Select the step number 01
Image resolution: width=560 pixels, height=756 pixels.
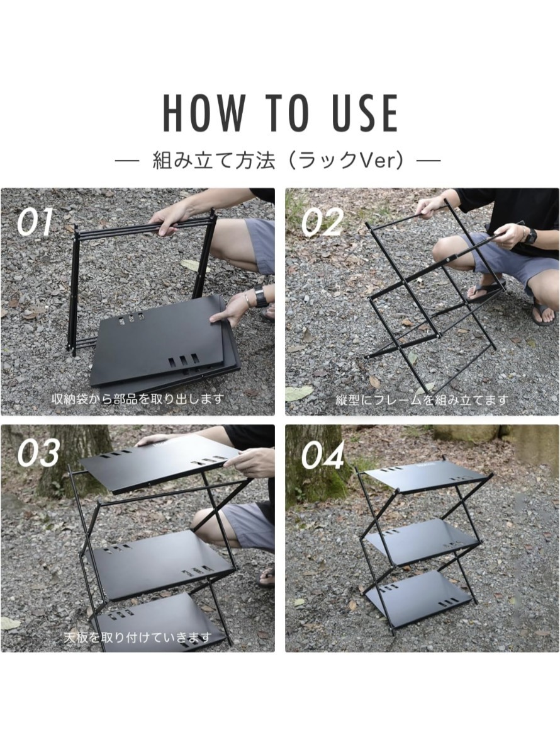[35, 222]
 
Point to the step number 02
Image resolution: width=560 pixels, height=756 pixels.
[322, 222]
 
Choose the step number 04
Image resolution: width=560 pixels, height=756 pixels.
[322, 455]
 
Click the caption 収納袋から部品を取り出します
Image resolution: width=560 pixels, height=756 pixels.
[138, 398]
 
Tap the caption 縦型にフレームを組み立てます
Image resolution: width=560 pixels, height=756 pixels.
[422, 400]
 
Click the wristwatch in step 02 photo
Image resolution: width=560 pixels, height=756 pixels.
[530, 236]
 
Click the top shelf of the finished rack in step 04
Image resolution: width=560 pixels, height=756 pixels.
[427, 476]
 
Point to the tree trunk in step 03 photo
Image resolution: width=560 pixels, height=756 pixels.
[76, 460]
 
